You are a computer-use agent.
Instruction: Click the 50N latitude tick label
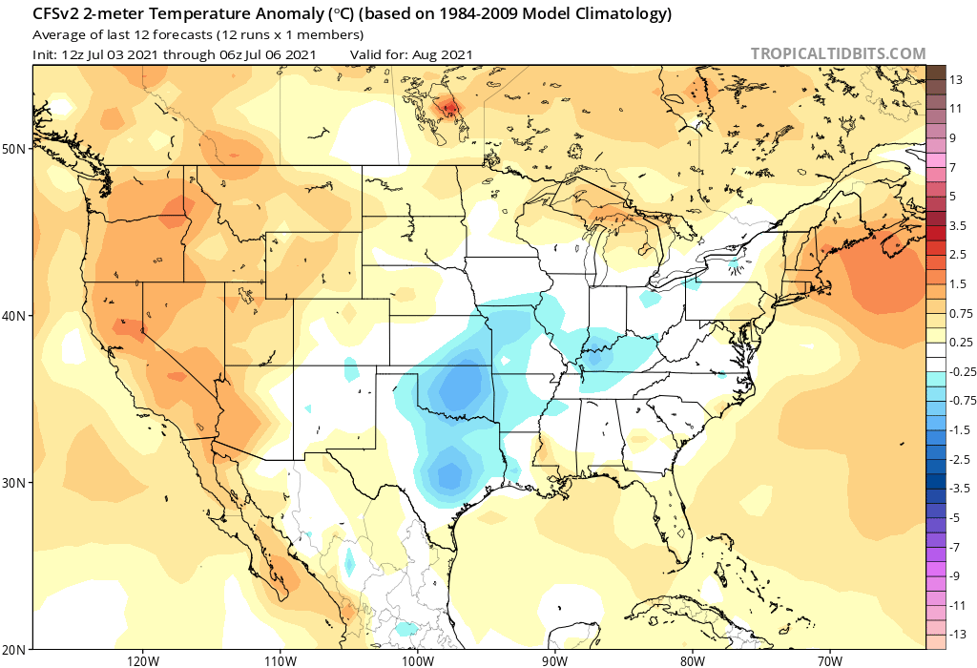(14, 149)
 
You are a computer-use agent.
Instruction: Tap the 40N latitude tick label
(14, 316)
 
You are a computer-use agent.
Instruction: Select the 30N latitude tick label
(14, 483)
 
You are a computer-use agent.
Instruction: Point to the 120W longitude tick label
(141, 659)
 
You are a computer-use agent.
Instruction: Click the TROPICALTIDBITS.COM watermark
(838, 54)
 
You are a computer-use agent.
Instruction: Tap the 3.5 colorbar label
(958, 225)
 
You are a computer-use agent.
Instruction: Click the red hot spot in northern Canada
(446, 108)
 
